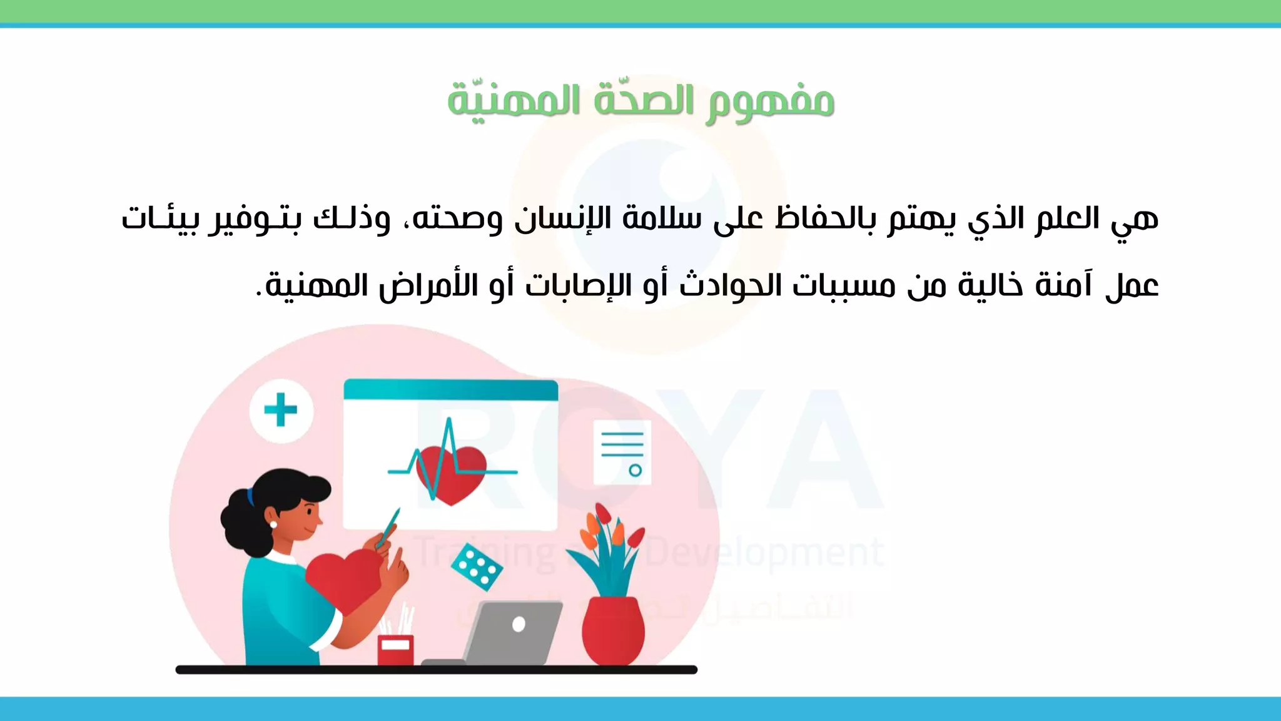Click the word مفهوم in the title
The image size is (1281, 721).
(x=770, y=102)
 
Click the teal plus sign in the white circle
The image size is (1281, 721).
(x=281, y=411)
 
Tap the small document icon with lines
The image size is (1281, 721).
(x=622, y=451)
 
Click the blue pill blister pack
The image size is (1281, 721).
(x=477, y=566)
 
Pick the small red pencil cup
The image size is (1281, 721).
(x=395, y=650)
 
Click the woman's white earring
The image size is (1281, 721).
(x=273, y=524)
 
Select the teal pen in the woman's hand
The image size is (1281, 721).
(x=390, y=526)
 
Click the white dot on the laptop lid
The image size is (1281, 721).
(x=519, y=624)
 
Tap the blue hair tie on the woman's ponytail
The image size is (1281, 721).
(x=251, y=497)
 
